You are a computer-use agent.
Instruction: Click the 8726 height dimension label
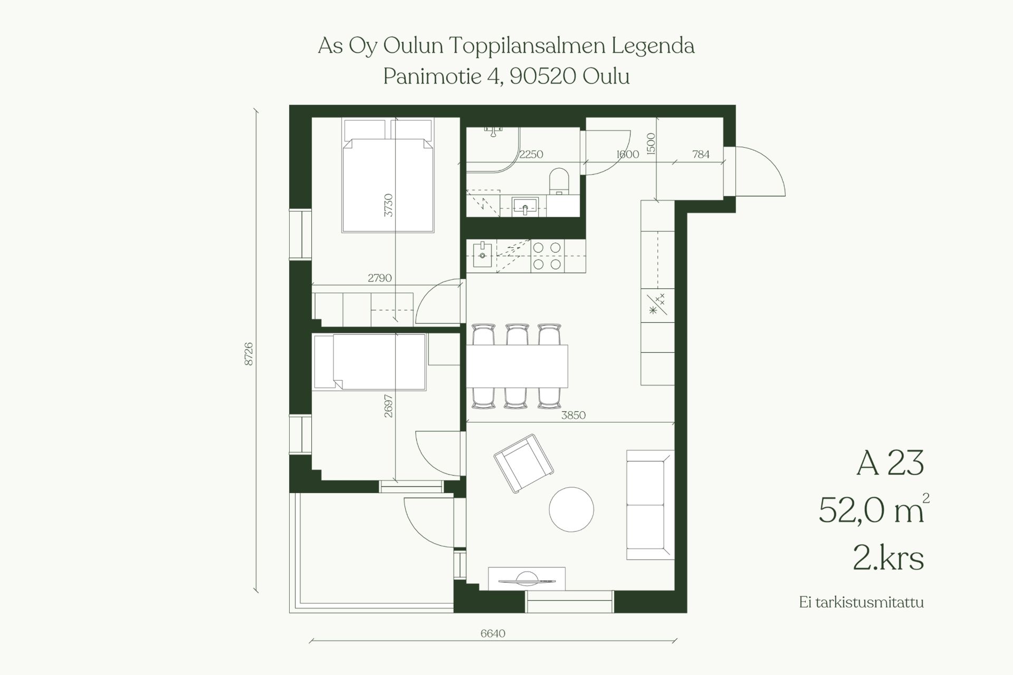(249, 354)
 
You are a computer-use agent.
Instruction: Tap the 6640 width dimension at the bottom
(493, 633)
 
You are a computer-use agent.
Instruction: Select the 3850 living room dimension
(573, 415)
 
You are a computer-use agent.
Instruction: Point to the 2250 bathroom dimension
(531, 154)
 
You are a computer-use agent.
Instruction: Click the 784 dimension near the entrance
(701, 154)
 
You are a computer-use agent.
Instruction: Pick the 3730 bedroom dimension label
(388, 205)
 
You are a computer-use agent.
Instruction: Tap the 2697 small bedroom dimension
(388, 406)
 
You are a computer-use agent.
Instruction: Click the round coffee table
(571, 509)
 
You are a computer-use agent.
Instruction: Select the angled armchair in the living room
(523, 463)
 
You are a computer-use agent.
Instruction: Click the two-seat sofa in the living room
(650, 505)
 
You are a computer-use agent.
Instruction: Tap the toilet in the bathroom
(558, 181)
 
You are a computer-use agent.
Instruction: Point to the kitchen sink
(482, 256)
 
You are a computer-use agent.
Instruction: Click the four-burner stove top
(547, 256)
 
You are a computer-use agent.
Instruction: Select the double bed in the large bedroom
(388, 175)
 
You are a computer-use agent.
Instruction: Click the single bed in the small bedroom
(369, 362)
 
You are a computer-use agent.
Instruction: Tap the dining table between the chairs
(517, 367)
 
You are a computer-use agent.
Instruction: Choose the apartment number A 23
(890, 464)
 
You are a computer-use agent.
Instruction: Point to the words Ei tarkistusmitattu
(862, 602)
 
